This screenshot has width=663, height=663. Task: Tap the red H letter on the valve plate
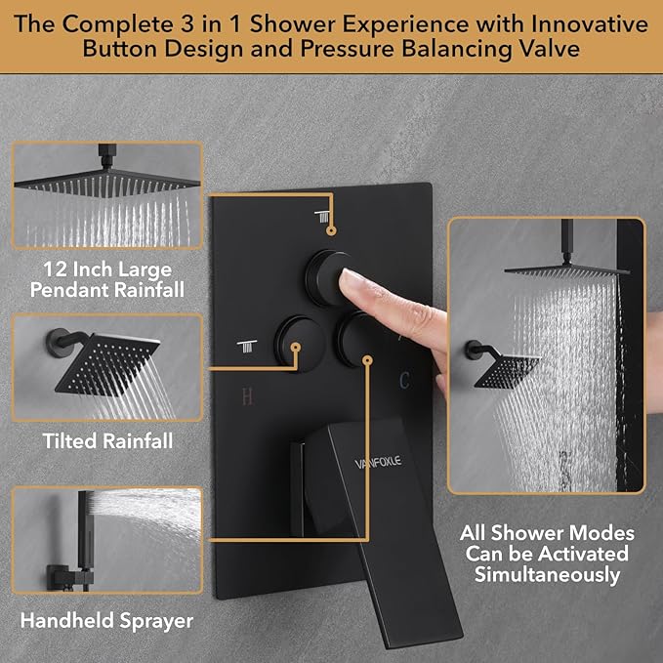coord(248,397)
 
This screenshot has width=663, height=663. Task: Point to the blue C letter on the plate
coord(401,377)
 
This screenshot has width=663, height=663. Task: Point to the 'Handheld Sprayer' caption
coord(105,620)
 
